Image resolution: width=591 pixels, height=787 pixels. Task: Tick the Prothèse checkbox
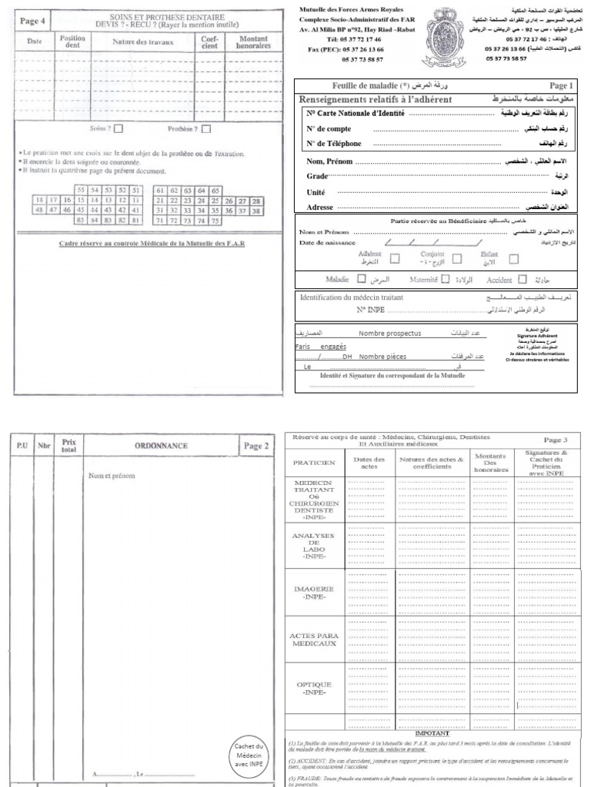207,129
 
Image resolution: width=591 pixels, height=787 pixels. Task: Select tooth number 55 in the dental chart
80,190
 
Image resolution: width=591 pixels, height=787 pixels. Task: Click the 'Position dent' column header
72,41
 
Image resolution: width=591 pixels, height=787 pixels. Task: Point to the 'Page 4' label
32,22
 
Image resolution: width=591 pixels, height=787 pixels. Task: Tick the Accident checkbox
523,281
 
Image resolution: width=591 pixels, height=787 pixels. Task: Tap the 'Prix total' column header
69,444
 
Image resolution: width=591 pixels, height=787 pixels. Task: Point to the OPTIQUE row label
315,687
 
